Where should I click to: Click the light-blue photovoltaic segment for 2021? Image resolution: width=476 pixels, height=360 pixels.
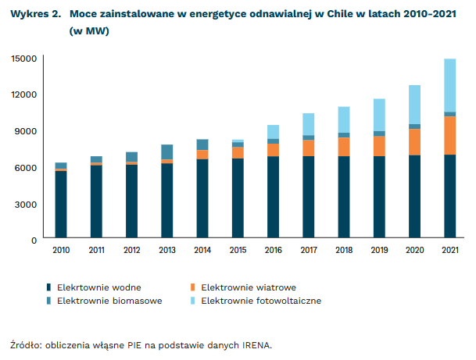pyautogui.click(x=449, y=85)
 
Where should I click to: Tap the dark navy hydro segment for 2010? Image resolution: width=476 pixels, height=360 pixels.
pyautogui.click(x=60, y=205)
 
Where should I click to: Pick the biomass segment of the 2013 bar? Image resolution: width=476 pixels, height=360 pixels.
pyautogui.click(x=166, y=151)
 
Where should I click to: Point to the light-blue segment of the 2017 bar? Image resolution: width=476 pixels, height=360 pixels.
pyautogui.click(x=308, y=124)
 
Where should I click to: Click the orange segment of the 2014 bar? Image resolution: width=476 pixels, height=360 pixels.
pyautogui.click(x=202, y=155)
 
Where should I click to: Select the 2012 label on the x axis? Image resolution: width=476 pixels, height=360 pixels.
pyautogui.click(x=131, y=251)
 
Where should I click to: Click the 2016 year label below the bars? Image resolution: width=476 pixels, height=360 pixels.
pyautogui.click(x=273, y=251)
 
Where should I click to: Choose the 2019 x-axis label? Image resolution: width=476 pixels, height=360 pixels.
pyautogui.click(x=379, y=251)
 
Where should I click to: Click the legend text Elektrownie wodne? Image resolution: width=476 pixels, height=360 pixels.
pyautogui.click(x=98, y=287)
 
